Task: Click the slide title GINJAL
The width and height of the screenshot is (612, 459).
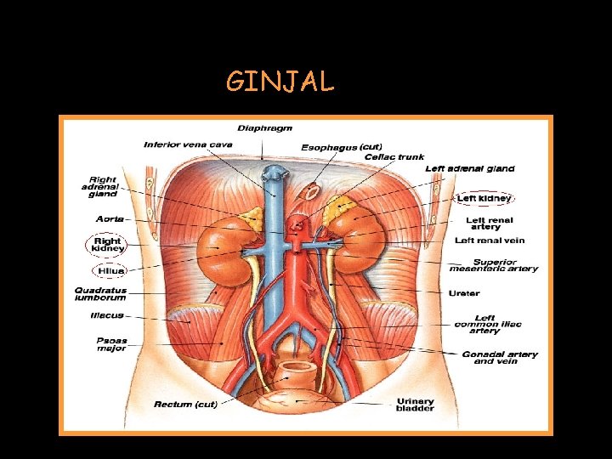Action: tap(280, 82)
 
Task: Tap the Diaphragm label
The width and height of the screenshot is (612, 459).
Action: tap(264, 128)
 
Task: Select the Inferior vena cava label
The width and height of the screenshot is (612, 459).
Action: tap(188, 144)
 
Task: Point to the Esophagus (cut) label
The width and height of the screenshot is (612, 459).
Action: tap(341, 147)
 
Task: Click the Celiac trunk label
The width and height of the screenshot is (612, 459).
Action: tap(394, 157)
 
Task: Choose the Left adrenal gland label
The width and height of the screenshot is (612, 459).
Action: tap(469, 169)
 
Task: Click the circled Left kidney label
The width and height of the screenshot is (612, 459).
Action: tap(484, 198)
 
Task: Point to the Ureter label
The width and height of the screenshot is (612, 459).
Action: tap(463, 293)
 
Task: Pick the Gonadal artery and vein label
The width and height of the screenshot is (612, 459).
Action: tap(500, 358)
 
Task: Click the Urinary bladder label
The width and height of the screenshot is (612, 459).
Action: tap(414, 405)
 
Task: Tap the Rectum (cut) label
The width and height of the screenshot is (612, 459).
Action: tap(184, 404)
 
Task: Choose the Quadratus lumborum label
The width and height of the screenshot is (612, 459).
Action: tap(100, 294)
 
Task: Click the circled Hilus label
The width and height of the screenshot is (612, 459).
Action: tap(111, 271)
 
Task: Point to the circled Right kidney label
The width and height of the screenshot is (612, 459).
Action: tap(108, 246)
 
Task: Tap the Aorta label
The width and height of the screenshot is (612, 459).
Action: tap(110, 218)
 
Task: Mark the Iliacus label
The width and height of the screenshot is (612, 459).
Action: tap(108, 315)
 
